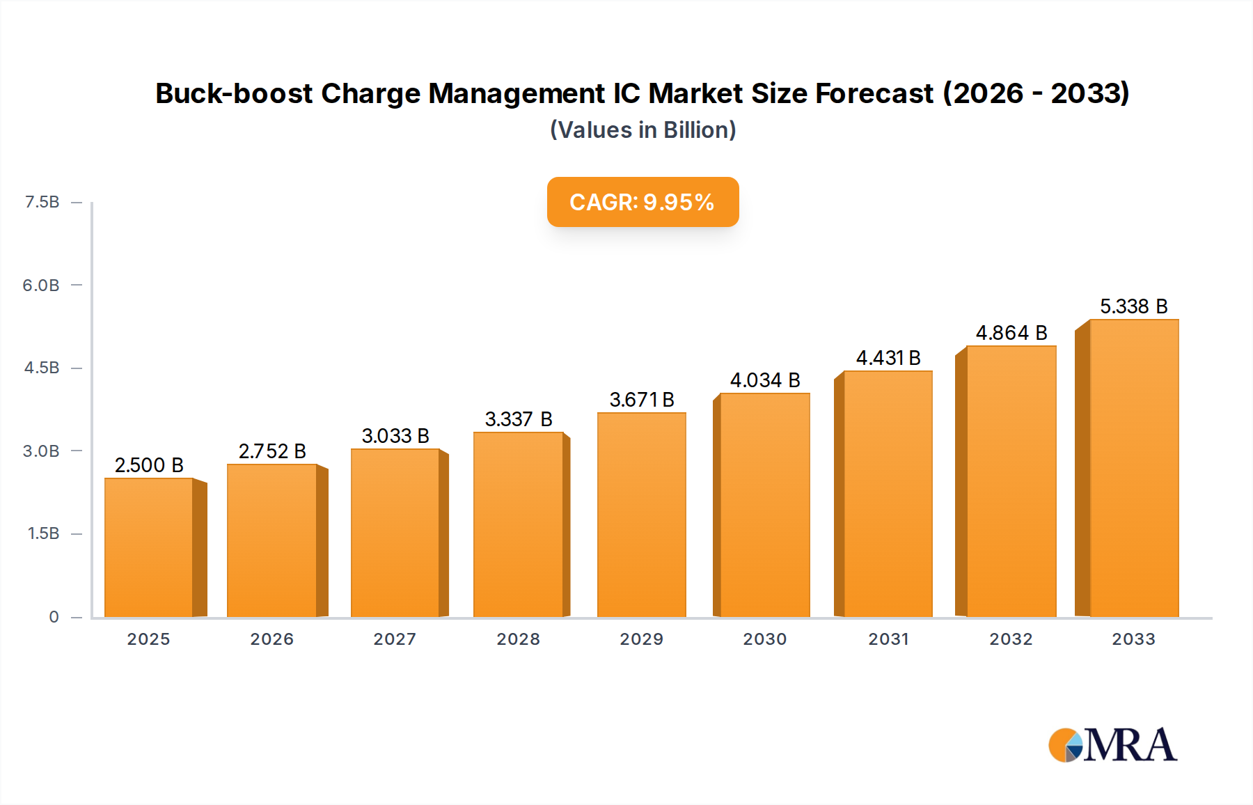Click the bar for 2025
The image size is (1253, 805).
148,547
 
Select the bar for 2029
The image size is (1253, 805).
641,515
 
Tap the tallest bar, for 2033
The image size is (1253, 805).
1133,468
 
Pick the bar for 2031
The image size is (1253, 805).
888,494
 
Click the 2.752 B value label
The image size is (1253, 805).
272,451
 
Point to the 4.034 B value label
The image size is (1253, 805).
764,380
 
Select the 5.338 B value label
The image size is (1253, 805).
1133,306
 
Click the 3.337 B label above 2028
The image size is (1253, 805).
518,419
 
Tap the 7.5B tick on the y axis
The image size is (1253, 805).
42,202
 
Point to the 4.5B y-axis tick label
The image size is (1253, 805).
42,368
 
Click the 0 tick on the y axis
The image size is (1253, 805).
54,617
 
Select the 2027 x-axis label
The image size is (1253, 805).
395,639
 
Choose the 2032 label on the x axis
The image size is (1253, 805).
1011,639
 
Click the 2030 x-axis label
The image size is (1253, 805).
764,639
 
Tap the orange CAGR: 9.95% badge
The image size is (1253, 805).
643,202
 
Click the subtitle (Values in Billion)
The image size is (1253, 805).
643,130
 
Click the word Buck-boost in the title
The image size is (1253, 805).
233,93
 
